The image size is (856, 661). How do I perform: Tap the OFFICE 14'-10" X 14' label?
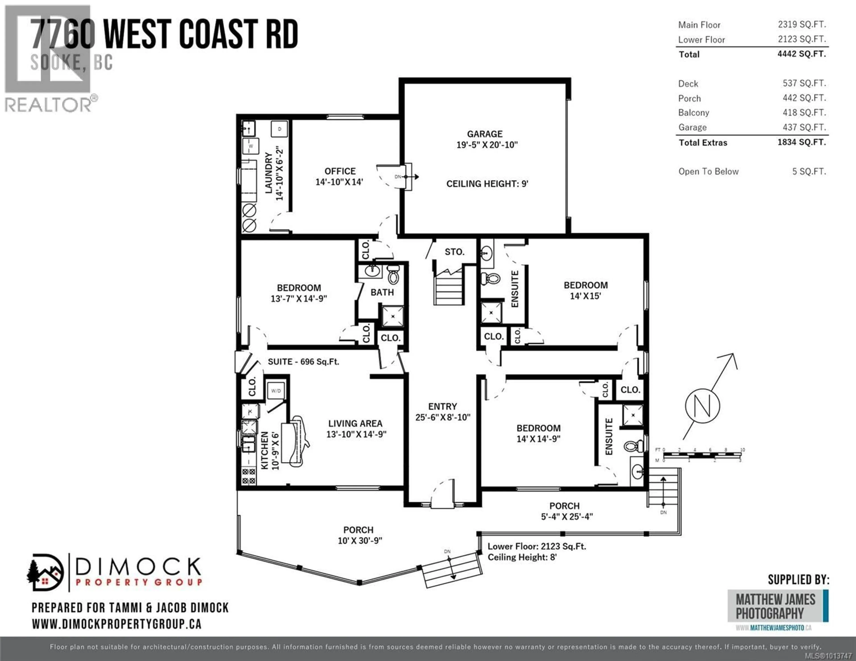coord(340,176)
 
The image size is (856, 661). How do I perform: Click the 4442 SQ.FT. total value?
coord(802,54)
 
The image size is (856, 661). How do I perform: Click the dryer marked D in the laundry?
coord(279,129)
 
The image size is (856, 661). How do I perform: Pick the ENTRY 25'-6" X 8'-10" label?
coord(442,412)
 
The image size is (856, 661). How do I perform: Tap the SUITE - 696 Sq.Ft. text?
coord(303,362)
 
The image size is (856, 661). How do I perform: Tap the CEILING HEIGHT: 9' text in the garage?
coord(487,184)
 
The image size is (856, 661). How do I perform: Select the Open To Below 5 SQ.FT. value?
coord(809,172)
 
